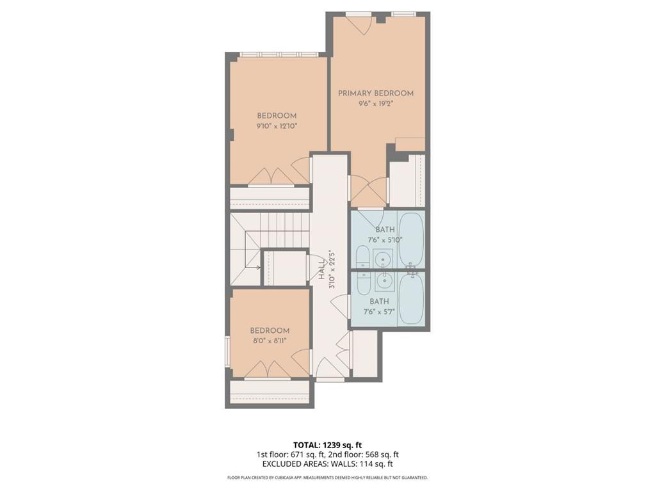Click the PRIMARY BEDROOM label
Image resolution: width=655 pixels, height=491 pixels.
click(x=376, y=93)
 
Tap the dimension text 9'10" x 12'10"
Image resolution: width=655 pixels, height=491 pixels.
click(x=277, y=127)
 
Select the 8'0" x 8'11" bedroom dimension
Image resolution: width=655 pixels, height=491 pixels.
click(x=269, y=341)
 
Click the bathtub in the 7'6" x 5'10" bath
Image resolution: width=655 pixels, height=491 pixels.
click(x=410, y=239)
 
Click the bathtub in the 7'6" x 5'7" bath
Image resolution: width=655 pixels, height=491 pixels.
click(x=410, y=299)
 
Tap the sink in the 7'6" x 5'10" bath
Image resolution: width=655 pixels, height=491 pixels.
click(x=382, y=259)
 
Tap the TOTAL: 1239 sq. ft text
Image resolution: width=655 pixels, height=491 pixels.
click(x=327, y=444)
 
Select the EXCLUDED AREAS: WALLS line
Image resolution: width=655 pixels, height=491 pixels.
click(x=327, y=463)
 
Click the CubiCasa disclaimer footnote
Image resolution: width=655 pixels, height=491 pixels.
click(x=327, y=478)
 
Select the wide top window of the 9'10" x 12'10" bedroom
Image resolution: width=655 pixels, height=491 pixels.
click(x=279, y=54)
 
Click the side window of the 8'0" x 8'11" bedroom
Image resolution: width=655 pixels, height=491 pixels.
click(x=227, y=351)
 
